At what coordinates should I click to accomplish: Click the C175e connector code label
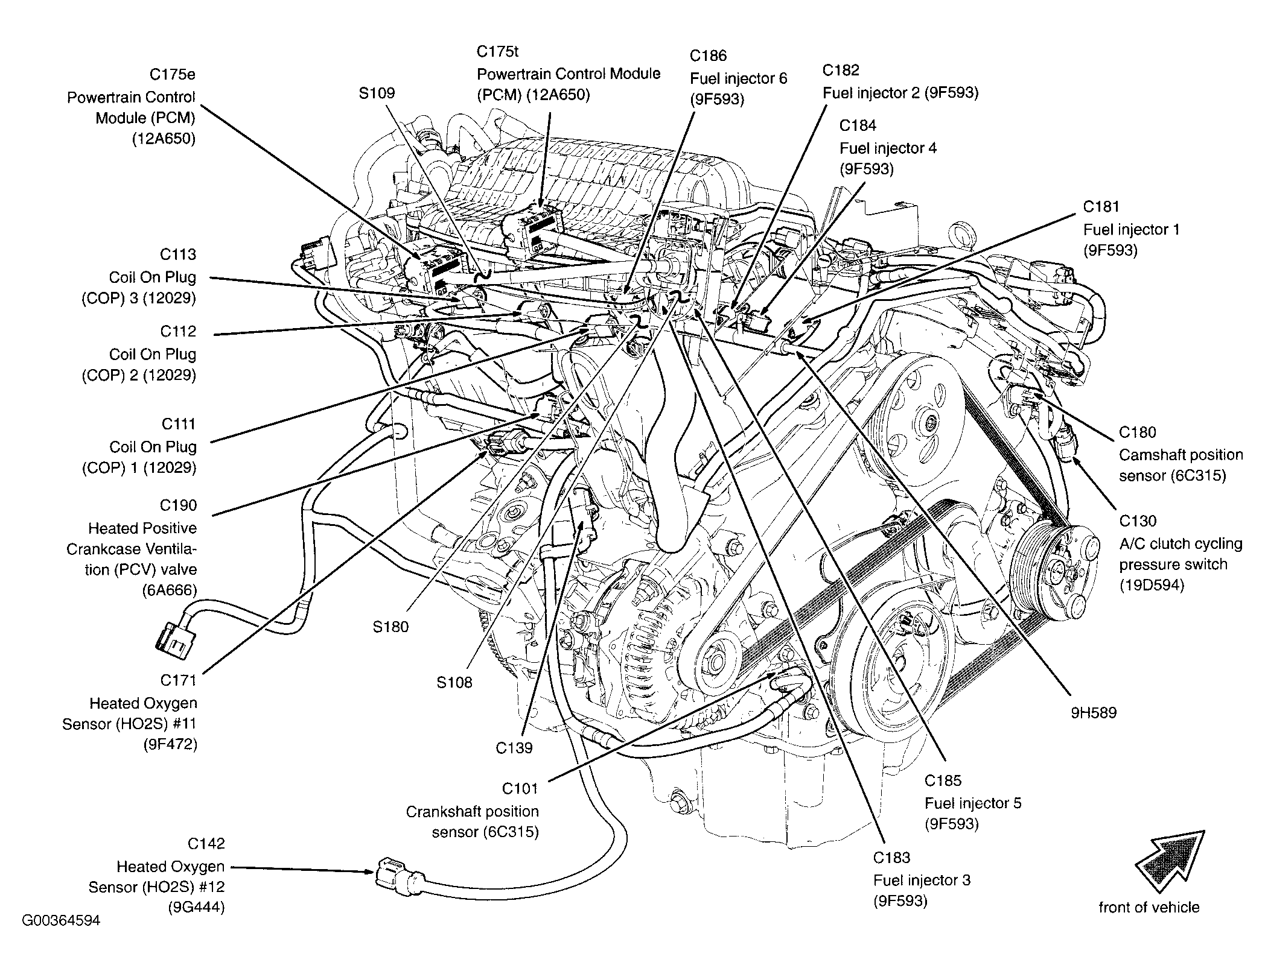point(172,74)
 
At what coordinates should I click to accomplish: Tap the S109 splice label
point(377,93)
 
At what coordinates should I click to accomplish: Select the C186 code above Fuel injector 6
point(709,56)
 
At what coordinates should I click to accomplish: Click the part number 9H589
point(1094,713)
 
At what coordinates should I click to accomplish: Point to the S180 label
point(390,627)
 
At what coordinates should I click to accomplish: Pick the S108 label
point(454,683)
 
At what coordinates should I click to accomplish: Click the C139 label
point(514,748)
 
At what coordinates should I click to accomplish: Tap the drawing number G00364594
point(61,921)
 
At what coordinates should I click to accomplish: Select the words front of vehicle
point(1149,908)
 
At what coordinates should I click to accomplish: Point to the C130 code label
point(1138,521)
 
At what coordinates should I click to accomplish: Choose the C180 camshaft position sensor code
point(1138,432)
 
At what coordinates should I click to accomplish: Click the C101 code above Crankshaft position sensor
point(520,789)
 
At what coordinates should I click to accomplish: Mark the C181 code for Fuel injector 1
point(1101,207)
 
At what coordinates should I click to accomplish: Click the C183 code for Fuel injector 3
point(891,858)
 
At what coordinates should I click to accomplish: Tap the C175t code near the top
point(497,51)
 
